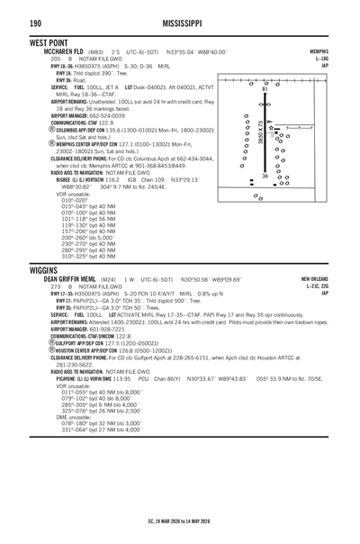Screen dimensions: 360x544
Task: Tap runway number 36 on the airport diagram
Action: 264,176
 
